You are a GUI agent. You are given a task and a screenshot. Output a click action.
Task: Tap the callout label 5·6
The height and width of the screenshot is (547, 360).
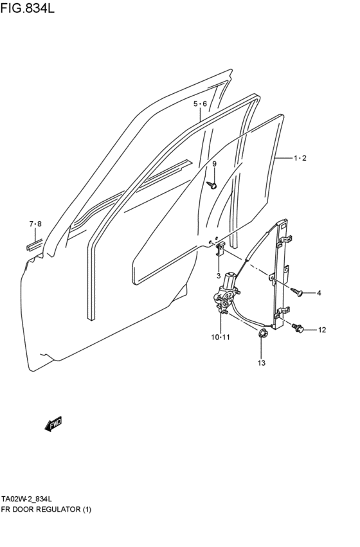(x=200, y=104)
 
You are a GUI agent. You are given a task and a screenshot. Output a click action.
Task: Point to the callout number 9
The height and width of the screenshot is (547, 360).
(x=215, y=165)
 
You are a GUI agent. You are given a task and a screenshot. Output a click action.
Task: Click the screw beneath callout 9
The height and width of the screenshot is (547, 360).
(x=213, y=186)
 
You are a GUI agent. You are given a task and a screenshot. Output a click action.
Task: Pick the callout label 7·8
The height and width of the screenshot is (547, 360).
(x=35, y=224)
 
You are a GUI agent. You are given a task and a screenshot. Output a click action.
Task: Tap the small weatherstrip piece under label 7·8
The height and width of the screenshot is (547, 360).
(x=34, y=244)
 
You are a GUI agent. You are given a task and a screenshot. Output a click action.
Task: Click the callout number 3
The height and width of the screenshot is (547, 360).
(x=219, y=276)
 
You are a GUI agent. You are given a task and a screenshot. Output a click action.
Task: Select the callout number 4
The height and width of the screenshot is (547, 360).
(x=319, y=294)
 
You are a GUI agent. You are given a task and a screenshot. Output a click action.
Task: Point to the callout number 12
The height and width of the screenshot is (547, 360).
(x=321, y=330)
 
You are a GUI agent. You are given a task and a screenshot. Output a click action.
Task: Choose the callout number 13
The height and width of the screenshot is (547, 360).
(x=261, y=364)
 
